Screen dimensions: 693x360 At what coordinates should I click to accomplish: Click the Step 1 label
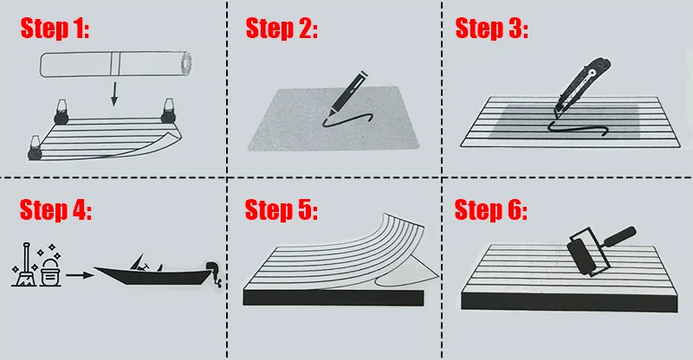tap(55, 29)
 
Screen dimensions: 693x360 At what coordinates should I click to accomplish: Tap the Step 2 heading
tap(282, 29)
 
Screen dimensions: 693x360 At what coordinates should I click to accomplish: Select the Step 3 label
tap(491, 29)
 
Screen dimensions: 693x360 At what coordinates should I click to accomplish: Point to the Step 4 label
tap(56, 210)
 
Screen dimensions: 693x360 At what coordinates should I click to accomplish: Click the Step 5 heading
tap(281, 210)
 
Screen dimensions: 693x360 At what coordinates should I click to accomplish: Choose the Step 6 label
tap(491, 210)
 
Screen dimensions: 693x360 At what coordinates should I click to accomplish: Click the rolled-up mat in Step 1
tap(116, 64)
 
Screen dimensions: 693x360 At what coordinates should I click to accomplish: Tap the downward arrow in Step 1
tap(114, 94)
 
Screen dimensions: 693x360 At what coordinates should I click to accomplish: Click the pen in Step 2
tap(348, 93)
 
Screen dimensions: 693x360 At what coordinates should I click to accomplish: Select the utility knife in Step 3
tap(582, 87)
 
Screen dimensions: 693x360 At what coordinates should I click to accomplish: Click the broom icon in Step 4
tap(24, 264)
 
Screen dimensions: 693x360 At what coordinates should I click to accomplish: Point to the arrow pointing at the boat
tap(80, 275)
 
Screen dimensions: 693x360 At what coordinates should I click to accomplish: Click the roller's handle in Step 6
tap(620, 237)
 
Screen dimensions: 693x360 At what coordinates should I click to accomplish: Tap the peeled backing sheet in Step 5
tap(407, 274)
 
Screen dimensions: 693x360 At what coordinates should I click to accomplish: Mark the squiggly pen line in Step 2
tap(348, 119)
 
